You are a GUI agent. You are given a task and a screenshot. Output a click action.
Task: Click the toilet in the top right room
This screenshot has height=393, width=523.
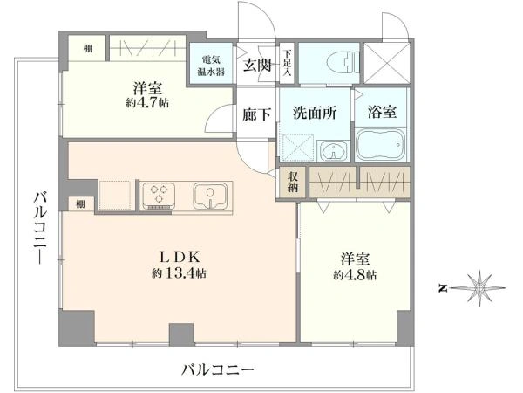click(x=343, y=63)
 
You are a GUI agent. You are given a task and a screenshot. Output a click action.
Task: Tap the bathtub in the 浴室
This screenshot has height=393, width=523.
click(x=381, y=145)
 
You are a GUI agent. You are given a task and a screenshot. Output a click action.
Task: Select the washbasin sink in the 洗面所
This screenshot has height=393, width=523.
click(x=334, y=151)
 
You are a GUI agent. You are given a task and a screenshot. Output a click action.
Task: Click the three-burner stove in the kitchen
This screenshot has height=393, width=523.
click(x=158, y=196)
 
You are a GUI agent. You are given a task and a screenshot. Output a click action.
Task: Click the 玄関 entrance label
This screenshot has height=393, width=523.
click(x=257, y=65)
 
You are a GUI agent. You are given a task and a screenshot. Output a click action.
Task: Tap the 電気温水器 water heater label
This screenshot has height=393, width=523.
click(x=211, y=65)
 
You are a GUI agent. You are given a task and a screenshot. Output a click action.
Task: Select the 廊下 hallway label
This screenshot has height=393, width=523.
click(x=256, y=114)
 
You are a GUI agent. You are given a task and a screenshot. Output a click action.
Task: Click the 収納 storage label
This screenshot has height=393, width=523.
click(x=293, y=183)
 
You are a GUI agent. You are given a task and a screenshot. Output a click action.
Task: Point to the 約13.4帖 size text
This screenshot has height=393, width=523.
click(x=179, y=273)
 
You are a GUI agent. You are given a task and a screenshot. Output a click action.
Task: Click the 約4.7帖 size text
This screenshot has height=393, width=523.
click(x=147, y=102)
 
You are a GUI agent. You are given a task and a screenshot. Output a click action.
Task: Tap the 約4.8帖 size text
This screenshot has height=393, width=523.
click(x=355, y=274)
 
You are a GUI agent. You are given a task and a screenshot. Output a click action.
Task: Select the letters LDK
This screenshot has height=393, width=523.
click(x=180, y=258)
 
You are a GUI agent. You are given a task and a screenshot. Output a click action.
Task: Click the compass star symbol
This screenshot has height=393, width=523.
click(x=479, y=287)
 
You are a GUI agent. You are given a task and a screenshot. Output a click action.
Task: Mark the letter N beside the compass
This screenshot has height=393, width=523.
click(x=443, y=288)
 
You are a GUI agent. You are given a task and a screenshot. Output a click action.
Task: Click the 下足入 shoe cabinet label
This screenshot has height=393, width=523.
click(x=287, y=63)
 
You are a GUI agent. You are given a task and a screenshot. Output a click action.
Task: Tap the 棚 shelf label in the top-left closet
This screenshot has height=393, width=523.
click(x=88, y=48)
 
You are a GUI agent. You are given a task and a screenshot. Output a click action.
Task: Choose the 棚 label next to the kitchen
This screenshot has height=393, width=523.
click(x=80, y=203)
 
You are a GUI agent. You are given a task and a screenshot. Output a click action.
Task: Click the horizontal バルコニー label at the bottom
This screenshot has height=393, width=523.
click(x=217, y=369)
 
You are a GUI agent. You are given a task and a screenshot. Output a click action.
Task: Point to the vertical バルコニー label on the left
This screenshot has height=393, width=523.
click(x=39, y=228)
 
